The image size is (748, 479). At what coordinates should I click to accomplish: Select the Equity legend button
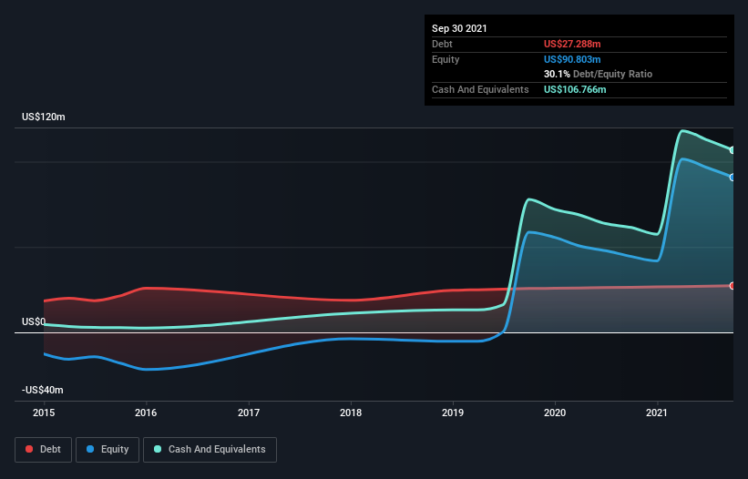pos(108,449)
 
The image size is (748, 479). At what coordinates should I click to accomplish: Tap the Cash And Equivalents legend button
pos(210,449)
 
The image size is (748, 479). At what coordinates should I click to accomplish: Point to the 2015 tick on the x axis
pos(44,413)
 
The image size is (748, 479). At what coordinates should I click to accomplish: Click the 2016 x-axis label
pos(146,413)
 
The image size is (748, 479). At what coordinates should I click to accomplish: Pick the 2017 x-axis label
pos(248,413)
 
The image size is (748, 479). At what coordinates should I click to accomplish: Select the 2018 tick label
pos(351,413)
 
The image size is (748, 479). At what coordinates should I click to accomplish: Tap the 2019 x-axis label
pos(453,413)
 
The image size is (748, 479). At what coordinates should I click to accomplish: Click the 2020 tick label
pos(555,413)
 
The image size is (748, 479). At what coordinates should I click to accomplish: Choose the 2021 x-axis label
pos(658,413)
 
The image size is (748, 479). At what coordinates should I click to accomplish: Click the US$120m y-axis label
pos(44,117)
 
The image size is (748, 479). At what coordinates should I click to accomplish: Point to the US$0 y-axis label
pos(34,321)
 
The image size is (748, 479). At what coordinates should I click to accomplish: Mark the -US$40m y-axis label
pos(43,390)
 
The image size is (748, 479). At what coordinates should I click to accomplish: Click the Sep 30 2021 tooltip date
pos(459,28)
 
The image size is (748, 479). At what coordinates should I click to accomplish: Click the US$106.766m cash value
pos(577,89)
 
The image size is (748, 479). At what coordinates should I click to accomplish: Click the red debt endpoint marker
pos(733,286)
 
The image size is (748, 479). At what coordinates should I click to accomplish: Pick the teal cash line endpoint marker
pos(733,150)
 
